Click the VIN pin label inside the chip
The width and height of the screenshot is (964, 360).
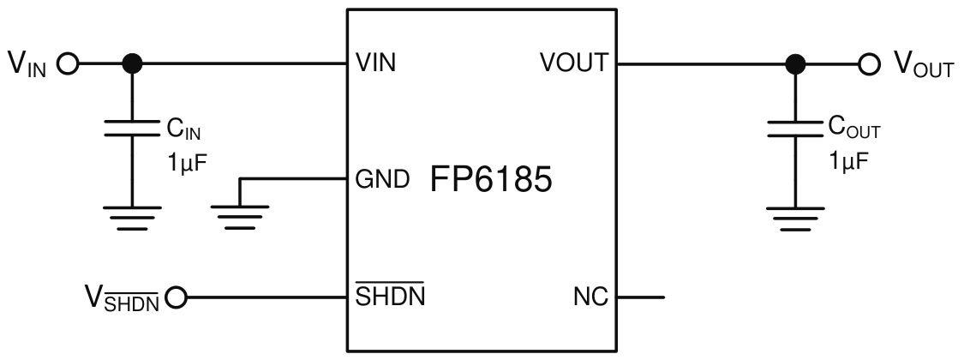click(375, 63)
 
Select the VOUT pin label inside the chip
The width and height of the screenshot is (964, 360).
click(573, 63)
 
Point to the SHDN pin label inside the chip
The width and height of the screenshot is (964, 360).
click(391, 298)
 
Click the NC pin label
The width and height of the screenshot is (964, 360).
click(591, 298)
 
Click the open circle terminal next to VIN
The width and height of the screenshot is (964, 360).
click(67, 63)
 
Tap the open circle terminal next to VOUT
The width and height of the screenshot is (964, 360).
click(870, 63)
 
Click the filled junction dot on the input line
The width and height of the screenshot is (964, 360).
click(131, 63)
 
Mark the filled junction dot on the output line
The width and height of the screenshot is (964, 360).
click(796, 63)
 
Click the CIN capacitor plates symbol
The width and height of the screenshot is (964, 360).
click(131, 128)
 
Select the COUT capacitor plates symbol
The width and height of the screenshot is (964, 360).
click(796, 128)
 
